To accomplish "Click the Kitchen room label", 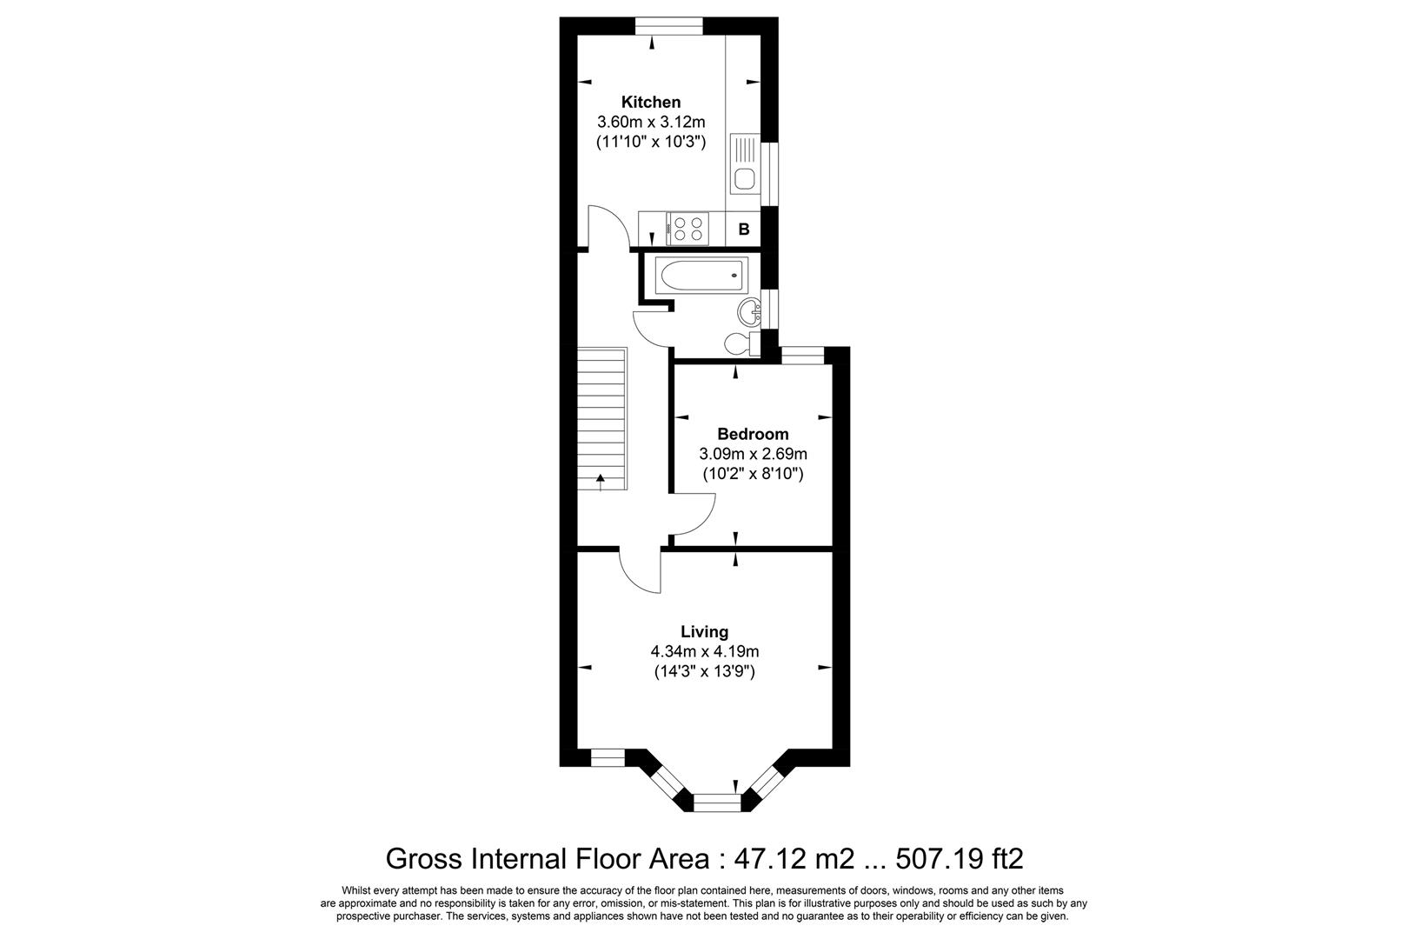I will [x=650, y=103].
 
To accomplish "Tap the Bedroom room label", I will [x=753, y=434].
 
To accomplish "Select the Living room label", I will [x=704, y=632].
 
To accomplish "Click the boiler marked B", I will [x=744, y=230].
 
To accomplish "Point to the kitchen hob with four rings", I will [x=688, y=230].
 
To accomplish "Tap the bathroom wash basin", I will [x=749, y=310].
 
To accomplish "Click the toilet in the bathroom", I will [x=743, y=343].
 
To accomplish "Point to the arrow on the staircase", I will [x=600, y=481].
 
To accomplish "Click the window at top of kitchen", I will [x=668, y=26].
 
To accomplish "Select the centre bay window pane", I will [x=718, y=801].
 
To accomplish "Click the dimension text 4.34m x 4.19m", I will [x=704, y=651].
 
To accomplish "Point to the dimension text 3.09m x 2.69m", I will [x=753, y=454].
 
